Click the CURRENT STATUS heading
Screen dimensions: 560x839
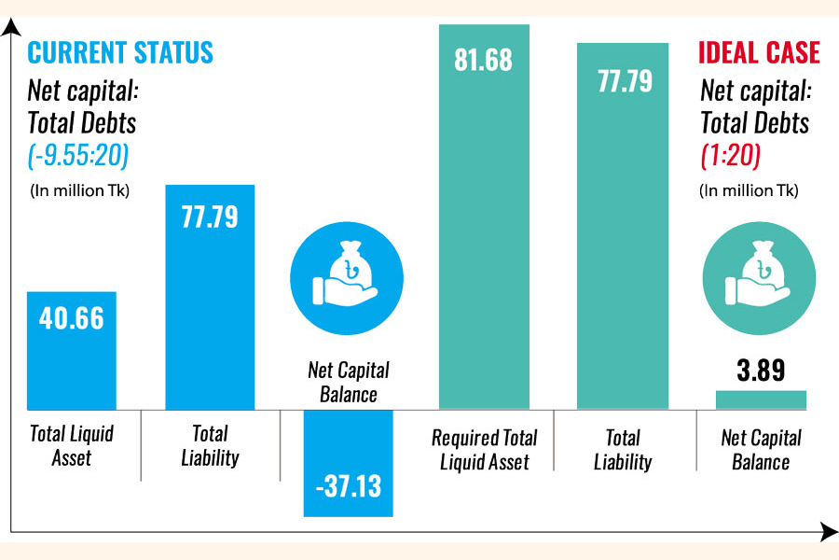tap(120, 51)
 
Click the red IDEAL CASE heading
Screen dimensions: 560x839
tap(760, 51)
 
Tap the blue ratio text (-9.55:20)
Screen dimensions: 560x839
tap(76, 155)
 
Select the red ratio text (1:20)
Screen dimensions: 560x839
tap(730, 155)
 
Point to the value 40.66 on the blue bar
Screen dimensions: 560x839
tap(72, 317)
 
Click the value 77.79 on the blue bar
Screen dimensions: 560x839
tap(210, 217)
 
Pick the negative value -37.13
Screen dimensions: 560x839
tap(348, 486)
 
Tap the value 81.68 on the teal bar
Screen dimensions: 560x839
tap(484, 61)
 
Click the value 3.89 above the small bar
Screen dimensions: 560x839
tap(761, 371)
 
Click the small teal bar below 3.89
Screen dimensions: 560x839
tap(761, 399)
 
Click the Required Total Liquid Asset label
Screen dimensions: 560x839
tap(485, 450)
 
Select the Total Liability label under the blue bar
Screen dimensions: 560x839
tap(210, 445)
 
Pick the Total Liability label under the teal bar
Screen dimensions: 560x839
tap(623, 450)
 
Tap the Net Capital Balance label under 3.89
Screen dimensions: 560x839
tap(761, 450)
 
